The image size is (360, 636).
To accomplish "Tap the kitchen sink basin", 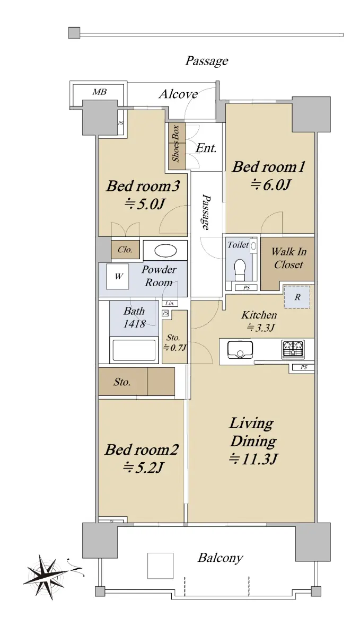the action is pos(240,349).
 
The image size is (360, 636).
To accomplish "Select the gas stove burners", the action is pos(293,349).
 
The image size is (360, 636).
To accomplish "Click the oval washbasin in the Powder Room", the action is pos(165,250).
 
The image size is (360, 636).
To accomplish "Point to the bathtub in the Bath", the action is pos(134,350).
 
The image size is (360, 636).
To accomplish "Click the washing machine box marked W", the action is pos(118,277).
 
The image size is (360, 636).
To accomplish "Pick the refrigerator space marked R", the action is pos(297,297).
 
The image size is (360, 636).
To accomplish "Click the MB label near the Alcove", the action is pos(100,92).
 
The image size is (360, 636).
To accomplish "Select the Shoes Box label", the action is pos(176,144).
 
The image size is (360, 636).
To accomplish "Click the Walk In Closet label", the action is pos(288,258).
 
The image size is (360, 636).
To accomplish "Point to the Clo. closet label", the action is pos(125,250).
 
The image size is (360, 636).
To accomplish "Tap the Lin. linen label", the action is pos(170,304).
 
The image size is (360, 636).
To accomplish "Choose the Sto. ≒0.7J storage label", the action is pos(174,342).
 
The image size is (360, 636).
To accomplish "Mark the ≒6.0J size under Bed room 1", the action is pos(270,185).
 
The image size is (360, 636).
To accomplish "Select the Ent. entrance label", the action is pos(206,148).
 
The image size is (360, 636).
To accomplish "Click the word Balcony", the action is pos(220,558).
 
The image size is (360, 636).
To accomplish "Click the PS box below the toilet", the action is pos(246,288).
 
